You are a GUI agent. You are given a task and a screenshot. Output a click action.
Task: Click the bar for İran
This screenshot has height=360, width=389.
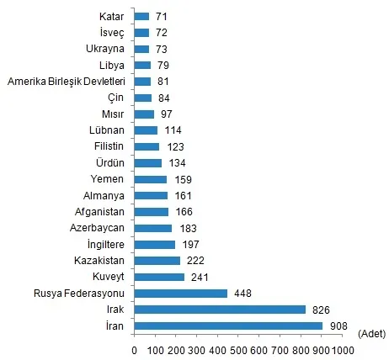pos(228,326)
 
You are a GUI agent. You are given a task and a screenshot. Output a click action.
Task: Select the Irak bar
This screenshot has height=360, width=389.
pos(220,310)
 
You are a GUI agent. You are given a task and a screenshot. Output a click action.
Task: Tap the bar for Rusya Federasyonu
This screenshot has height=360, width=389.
pos(180,294)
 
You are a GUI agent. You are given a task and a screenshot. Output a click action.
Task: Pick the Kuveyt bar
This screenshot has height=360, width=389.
pos(159,277)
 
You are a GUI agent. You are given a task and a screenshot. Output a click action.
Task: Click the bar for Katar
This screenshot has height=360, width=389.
pos(141,16)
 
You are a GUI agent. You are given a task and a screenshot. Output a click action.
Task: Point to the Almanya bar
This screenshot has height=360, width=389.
pos(151,195)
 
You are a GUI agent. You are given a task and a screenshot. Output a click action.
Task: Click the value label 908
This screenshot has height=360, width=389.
pos(339,326)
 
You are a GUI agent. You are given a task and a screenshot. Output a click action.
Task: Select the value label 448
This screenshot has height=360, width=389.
pos(244,294)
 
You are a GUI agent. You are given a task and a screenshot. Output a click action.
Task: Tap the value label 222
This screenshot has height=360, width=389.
pos(197,261)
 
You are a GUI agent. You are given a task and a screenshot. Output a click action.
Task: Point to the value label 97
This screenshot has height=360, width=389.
pos(167,114)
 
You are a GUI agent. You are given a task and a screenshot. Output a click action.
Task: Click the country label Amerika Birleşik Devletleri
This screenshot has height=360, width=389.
pos(66,82)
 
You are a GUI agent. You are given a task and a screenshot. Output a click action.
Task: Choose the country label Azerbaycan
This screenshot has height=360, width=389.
pos(97,228)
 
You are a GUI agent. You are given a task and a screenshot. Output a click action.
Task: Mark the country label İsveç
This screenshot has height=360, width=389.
pos(111,32)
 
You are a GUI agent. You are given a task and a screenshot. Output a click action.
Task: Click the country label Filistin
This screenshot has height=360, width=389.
pos(108,146)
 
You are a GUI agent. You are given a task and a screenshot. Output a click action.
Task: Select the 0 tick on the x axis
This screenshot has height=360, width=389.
pos(135,349)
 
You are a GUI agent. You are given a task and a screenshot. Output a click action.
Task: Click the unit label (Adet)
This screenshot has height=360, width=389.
pos(371,334)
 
